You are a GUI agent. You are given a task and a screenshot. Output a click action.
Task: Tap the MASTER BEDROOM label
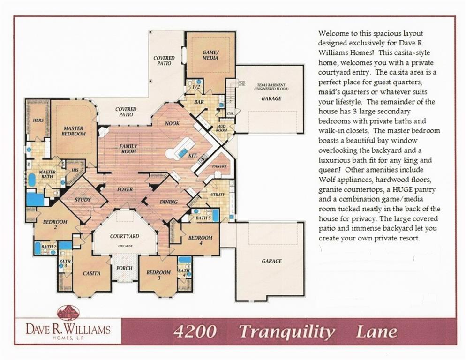74,131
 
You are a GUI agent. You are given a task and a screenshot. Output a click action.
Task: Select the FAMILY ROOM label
128,149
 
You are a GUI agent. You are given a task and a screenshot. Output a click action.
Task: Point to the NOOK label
172,123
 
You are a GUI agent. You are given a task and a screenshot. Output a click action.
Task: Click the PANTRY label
219,166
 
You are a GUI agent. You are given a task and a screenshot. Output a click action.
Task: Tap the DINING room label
168,202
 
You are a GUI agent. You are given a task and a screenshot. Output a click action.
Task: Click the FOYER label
125,189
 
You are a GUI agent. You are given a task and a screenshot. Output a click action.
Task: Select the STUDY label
83,200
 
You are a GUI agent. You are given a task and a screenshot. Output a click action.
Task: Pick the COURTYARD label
124,236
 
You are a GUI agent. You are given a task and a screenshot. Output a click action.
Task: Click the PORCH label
124,268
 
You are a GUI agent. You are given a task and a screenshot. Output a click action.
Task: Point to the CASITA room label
91,273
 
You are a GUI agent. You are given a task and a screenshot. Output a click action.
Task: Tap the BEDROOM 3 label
158,275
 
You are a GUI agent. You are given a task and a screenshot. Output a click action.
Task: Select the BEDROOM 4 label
201,240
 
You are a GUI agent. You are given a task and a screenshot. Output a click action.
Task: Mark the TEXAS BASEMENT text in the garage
271,87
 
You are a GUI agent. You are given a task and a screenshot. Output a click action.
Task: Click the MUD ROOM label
221,128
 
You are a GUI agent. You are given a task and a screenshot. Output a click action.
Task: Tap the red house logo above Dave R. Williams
68,313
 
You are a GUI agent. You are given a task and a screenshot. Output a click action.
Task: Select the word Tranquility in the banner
287,332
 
